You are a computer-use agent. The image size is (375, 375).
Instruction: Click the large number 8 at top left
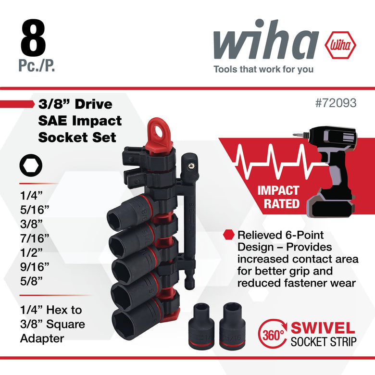coord(33,38)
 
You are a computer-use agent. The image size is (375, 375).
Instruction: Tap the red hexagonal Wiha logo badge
coord(340,45)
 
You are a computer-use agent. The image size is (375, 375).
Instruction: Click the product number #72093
coord(336,103)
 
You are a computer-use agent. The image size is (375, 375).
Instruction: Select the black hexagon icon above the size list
coord(31,165)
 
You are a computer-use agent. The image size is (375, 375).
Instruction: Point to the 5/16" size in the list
coord(35,210)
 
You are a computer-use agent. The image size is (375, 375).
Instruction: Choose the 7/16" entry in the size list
coord(35,238)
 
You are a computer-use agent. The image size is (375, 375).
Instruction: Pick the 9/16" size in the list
coord(35,267)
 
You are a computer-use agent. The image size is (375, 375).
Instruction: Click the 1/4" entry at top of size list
coord(31,196)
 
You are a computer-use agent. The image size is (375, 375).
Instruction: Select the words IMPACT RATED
coord(278,197)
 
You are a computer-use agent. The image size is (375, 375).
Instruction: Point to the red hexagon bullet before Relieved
coord(229,235)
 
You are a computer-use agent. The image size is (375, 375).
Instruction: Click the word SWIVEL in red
coord(323,328)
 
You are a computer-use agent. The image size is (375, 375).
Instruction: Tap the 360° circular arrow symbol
coord(273,333)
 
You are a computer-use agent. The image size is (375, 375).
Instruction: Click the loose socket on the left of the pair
coord(201,326)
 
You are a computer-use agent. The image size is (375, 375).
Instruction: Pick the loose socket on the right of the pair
coord(233,326)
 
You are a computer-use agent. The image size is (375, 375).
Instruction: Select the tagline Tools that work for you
coord(263,69)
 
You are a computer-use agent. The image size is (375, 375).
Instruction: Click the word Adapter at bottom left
coord(42,338)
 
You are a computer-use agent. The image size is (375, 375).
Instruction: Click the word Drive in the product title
coord(94,104)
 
